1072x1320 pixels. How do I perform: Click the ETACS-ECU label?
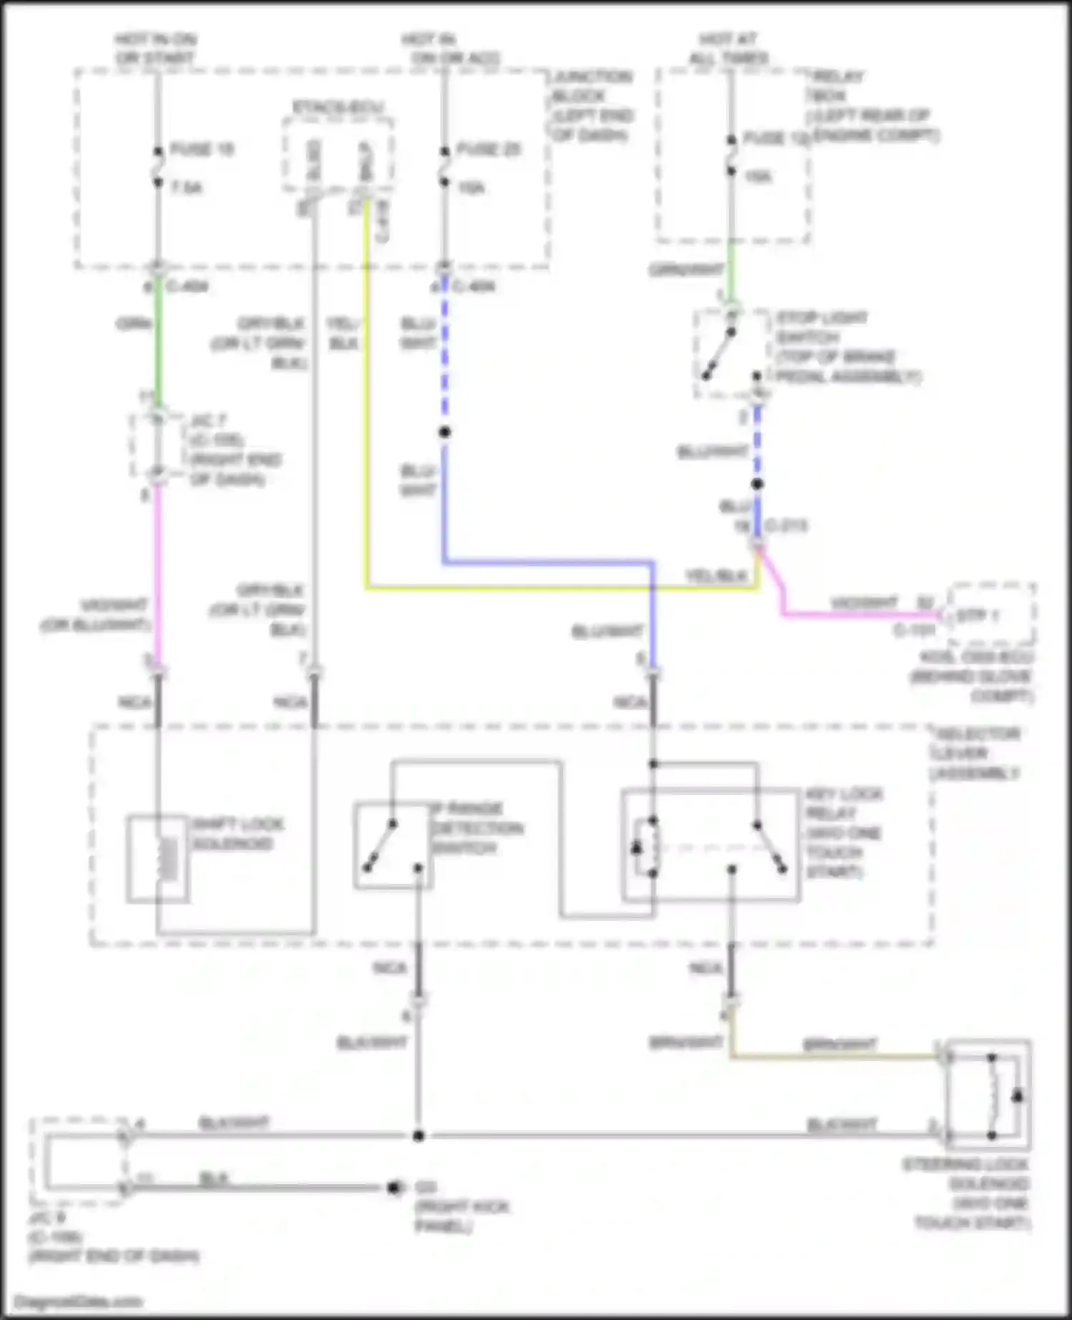pos(337,108)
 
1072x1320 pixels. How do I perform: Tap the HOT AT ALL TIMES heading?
pos(728,49)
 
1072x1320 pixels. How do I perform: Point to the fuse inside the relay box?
pos(731,155)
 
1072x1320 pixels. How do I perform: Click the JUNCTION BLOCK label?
pos(592,105)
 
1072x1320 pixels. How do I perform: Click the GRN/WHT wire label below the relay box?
pos(687,270)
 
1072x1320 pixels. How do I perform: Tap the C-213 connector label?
pos(785,526)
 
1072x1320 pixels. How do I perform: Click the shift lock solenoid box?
pos(158,859)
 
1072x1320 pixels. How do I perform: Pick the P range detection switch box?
pos(392,846)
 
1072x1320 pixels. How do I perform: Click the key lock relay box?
pos(710,845)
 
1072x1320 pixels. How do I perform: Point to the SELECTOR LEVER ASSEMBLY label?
pos(976,754)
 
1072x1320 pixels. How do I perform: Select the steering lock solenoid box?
pos(988,1094)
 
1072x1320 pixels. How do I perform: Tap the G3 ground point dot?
pos(393,1188)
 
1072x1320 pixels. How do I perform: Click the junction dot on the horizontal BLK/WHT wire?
pos(419,1136)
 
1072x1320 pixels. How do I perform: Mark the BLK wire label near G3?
pos(214,1178)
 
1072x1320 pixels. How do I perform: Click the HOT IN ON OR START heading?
pos(155,49)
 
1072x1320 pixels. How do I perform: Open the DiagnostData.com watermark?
pos(79,1301)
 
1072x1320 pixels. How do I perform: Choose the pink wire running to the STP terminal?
pos(858,614)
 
